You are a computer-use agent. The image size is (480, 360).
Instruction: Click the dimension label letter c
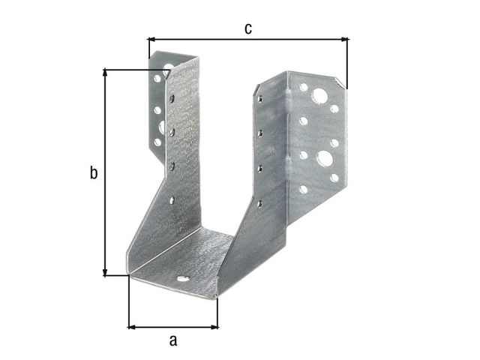click(248, 28)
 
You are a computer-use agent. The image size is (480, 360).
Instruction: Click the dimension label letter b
click(94, 172)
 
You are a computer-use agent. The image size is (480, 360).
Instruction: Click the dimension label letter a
click(173, 340)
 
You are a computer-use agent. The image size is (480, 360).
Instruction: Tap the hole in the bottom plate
click(183, 279)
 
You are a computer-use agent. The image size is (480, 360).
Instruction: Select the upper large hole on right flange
click(319, 96)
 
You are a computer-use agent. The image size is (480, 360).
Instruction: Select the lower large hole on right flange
click(325, 158)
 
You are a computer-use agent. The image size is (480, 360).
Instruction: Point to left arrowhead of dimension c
click(151, 39)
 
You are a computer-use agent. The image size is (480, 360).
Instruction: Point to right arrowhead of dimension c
click(345, 39)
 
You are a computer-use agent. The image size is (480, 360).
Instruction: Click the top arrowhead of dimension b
click(105, 73)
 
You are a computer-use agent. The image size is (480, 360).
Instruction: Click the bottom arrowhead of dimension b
click(105, 272)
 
